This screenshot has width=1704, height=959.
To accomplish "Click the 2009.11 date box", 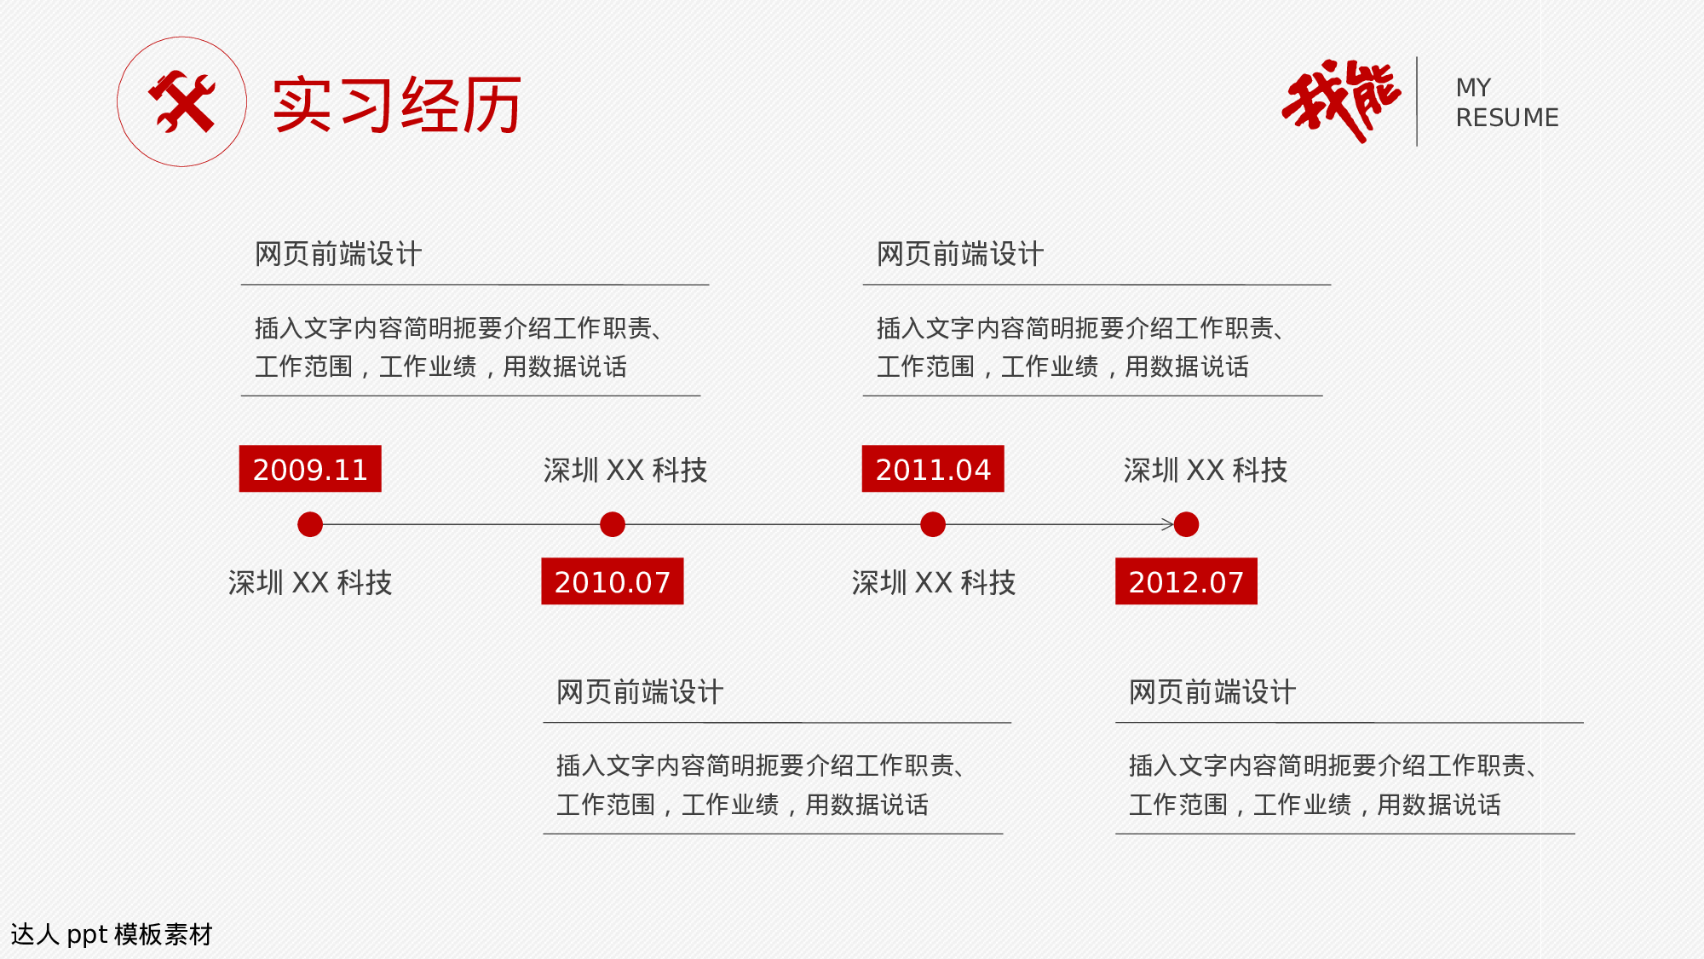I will [x=310, y=469].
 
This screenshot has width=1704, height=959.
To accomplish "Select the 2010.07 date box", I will [x=612, y=581].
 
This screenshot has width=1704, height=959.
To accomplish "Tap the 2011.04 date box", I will [x=933, y=469].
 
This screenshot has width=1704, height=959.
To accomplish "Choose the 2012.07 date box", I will [x=1186, y=581].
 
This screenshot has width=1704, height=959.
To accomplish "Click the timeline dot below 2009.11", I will [x=310, y=524].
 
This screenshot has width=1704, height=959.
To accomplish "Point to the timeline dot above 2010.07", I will [x=613, y=524].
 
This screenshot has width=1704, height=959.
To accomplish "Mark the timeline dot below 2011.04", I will [x=933, y=524].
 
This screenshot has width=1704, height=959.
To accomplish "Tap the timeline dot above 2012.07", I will [x=1186, y=524].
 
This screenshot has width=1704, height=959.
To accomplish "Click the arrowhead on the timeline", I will [x=1168, y=524].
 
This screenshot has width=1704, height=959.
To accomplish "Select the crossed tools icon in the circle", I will [x=181, y=102].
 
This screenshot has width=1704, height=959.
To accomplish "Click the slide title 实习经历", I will [x=397, y=105].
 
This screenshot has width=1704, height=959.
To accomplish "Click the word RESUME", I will [x=1506, y=118].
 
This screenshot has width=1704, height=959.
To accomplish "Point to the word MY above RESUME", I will [x=1473, y=88].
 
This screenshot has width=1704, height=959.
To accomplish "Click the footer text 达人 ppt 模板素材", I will [x=112, y=934].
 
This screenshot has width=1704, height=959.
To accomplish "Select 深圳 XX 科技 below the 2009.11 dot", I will [x=310, y=582].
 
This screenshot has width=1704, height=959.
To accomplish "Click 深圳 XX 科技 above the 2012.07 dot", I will [x=1205, y=470].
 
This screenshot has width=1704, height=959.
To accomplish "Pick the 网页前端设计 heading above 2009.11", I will [x=338, y=254].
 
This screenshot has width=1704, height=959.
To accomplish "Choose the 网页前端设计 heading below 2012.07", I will [x=1212, y=692].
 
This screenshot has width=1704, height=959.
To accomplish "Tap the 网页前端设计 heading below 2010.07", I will [x=640, y=692].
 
